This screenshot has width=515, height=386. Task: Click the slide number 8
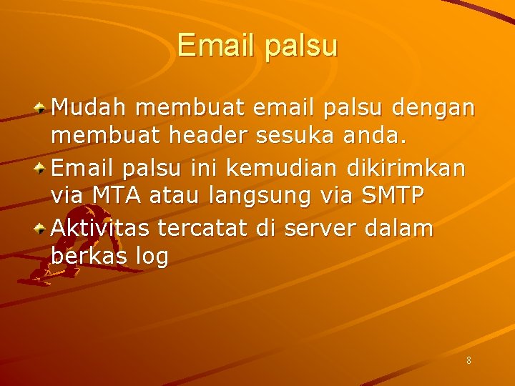(469, 361)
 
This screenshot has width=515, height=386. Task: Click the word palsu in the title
(300, 46)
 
